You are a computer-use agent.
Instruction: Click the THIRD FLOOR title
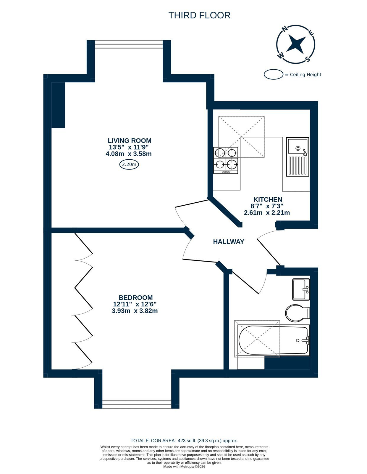point(199,15)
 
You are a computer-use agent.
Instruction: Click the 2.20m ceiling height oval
point(129,164)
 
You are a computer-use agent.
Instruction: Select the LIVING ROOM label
point(130,140)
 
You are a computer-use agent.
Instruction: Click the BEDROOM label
point(136,297)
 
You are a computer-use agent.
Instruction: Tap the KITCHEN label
point(268,199)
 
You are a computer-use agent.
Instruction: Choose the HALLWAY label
point(229,241)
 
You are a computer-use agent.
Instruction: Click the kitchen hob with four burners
point(226,160)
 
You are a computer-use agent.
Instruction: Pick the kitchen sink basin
point(298,146)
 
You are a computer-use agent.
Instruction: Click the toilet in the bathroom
point(297,313)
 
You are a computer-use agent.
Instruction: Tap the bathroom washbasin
point(301,289)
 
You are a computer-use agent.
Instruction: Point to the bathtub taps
point(307,340)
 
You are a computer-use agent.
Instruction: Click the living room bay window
point(129,44)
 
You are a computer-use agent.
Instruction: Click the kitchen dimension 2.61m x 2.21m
point(267,212)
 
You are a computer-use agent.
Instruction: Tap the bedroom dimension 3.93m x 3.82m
point(135,311)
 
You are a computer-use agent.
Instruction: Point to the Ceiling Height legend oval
point(273,74)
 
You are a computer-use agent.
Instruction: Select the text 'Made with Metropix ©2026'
point(184,467)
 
